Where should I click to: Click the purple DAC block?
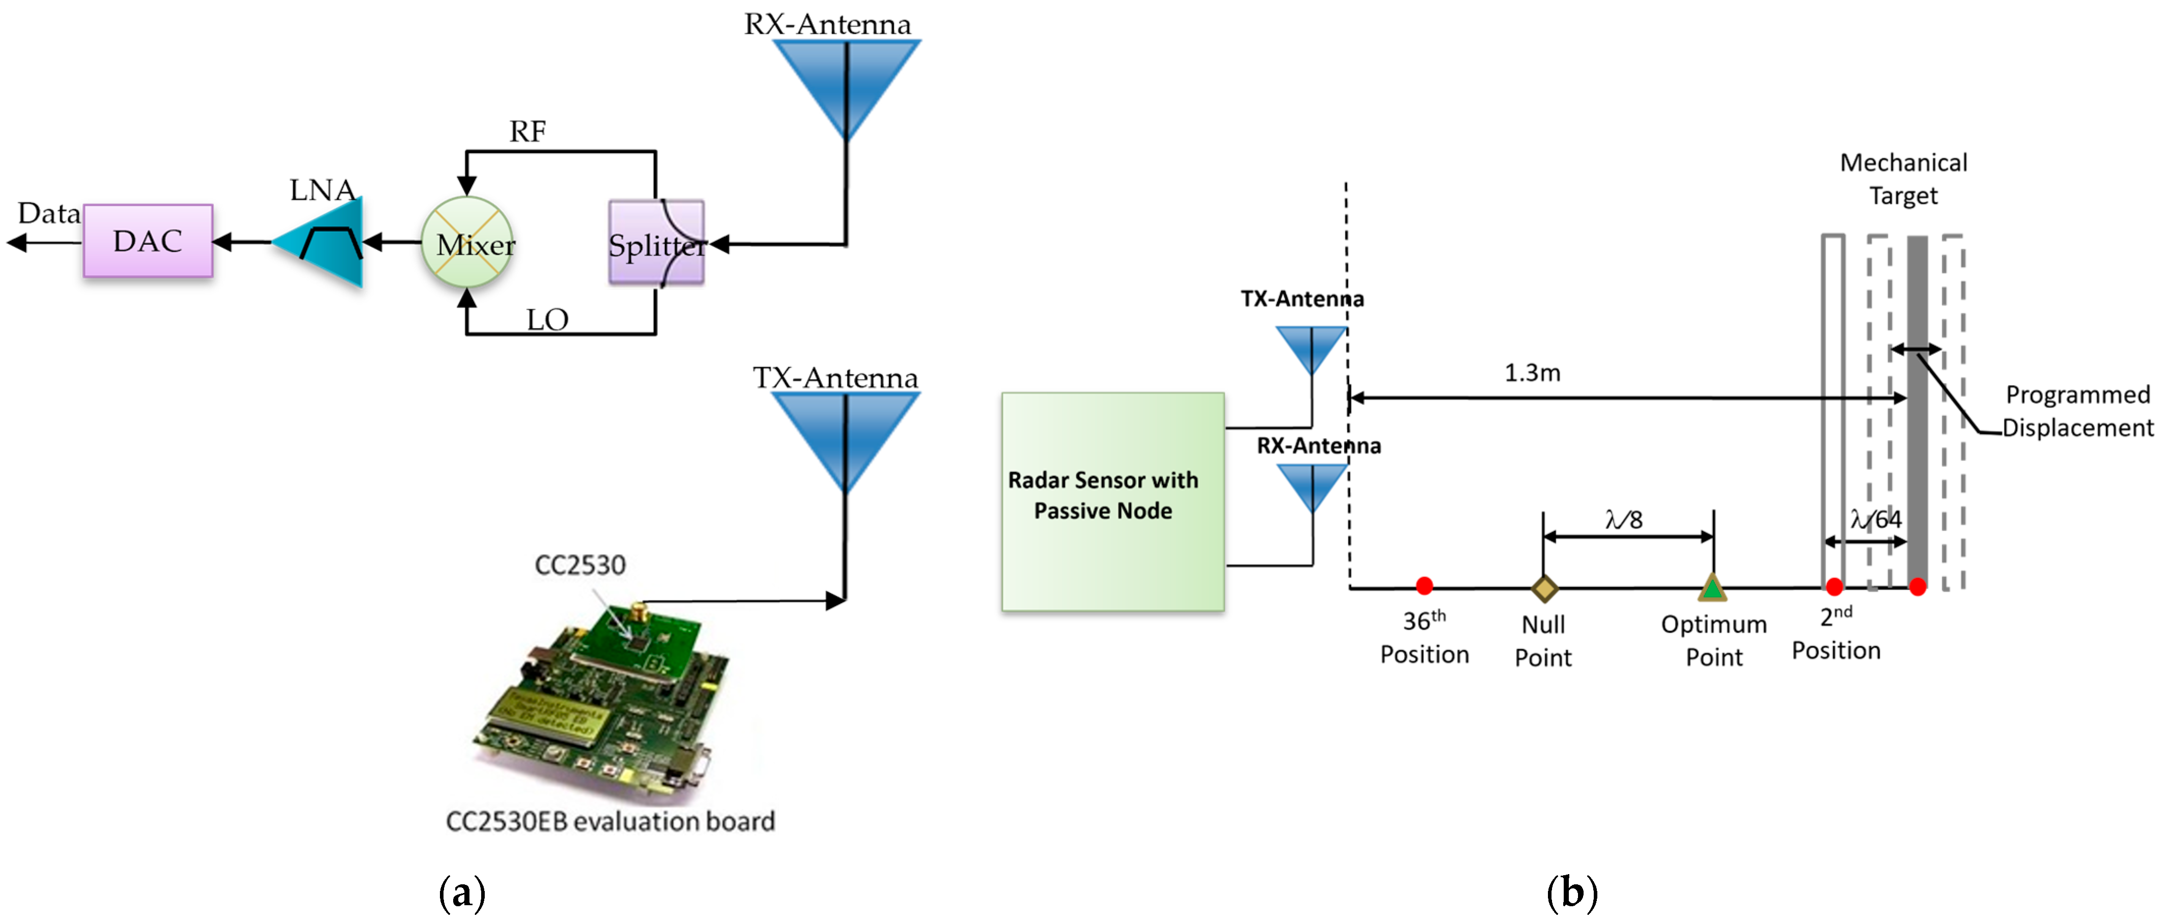tap(148, 241)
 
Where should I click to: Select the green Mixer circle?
tap(467, 243)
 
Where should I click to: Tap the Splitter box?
tap(656, 243)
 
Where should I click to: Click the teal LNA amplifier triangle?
tap(327, 243)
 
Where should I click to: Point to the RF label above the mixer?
tap(528, 132)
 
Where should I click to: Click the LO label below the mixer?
tap(547, 320)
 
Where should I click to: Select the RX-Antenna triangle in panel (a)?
tap(846, 80)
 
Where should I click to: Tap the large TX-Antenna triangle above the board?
tap(845, 432)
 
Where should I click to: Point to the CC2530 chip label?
tap(579, 565)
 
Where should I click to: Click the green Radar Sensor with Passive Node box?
tap(1113, 501)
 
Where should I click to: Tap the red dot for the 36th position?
tap(1424, 585)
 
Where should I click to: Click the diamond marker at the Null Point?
tap(1543, 588)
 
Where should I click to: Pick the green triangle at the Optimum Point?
tap(1712, 588)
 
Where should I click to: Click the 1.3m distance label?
tap(1532, 373)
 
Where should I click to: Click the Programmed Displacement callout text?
tap(2077, 411)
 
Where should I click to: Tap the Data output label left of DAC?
tap(49, 214)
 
